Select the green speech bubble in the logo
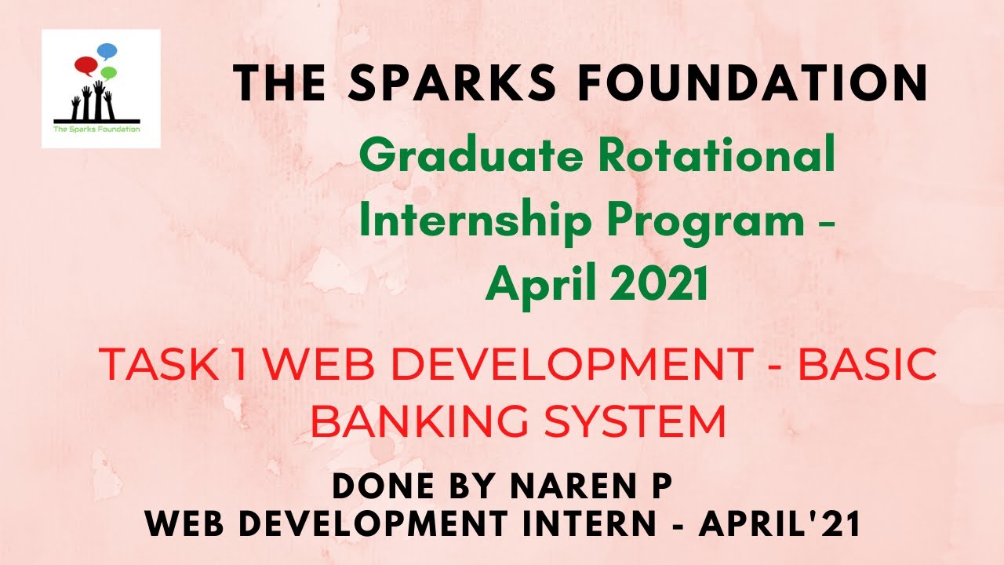tap(109, 73)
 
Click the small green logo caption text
tap(96, 128)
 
